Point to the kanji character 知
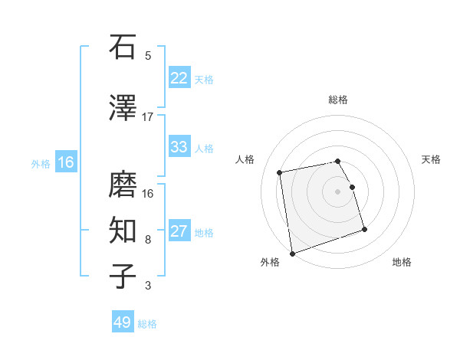[x=123, y=229]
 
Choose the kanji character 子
[x=123, y=275]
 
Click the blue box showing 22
[x=179, y=78]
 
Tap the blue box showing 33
[x=179, y=147]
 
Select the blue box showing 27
[x=179, y=231]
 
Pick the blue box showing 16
[x=66, y=162]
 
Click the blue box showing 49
[x=123, y=322]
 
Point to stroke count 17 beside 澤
[x=148, y=117]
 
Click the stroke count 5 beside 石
[x=148, y=56]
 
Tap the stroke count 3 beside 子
[x=148, y=286]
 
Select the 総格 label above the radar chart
[x=338, y=100]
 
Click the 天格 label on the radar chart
[x=432, y=159]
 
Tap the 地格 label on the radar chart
[x=402, y=262]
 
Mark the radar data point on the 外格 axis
[x=292, y=253]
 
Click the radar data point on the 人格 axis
[x=280, y=172]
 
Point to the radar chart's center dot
[x=338, y=191]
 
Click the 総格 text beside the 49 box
[x=148, y=324]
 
